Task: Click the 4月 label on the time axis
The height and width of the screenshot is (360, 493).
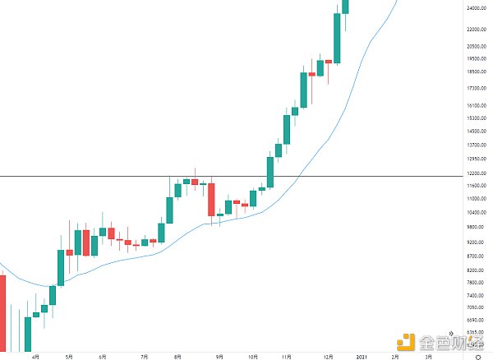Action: [35, 357]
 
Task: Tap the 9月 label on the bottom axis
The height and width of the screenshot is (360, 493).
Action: [219, 357]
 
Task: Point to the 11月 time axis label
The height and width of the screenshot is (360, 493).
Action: [287, 357]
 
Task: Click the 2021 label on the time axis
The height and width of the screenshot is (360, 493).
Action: [362, 357]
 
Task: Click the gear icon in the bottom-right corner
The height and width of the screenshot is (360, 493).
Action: [478, 356]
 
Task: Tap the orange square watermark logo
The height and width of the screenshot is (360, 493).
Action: [407, 340]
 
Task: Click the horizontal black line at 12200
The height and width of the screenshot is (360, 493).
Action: [123, 176]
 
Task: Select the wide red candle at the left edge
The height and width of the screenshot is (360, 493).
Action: [2, 312]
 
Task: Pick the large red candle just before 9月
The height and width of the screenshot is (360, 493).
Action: [211, 200]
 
